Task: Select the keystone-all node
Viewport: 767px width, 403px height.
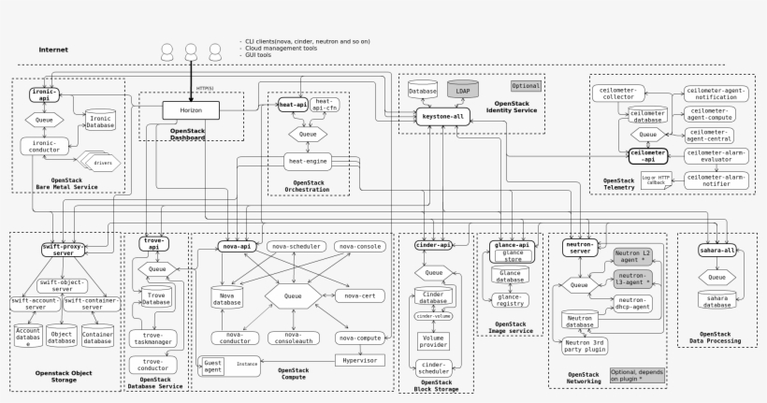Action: [442, 115]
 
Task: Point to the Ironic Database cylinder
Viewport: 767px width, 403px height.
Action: [100, 121]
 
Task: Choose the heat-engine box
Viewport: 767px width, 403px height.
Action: [308, 161]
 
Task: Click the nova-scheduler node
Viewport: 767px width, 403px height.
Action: [296, 246]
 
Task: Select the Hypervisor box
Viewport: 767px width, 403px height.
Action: [360, 360]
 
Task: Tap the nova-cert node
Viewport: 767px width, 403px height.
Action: [359, 295]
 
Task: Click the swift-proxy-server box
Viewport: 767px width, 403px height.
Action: [64, 249]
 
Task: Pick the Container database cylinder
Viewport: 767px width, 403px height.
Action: [97, 336]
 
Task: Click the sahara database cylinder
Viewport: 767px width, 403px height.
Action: [717, 300]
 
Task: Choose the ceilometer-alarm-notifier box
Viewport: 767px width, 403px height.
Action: [716, 180]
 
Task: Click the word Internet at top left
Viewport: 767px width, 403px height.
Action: [53, 50]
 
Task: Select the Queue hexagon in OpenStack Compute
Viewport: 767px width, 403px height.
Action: [293, 296]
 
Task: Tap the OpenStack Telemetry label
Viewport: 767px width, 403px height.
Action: [618, 183]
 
